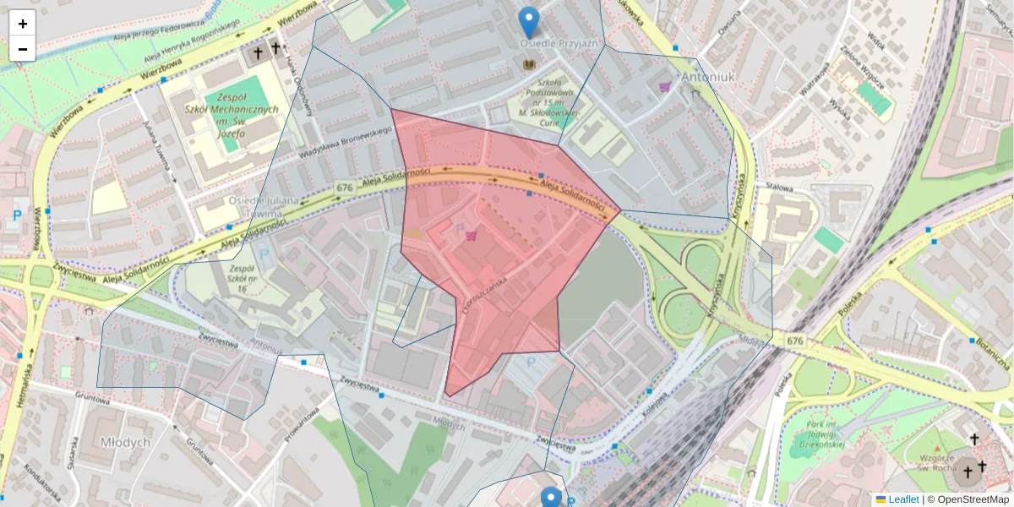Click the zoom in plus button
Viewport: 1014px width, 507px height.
point(23,24)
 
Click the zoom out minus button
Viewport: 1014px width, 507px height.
point(23,49)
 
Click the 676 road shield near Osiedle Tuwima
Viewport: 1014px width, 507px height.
point(344,187)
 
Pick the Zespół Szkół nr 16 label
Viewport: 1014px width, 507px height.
point(231,280)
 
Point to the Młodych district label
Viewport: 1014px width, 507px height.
point(125,442)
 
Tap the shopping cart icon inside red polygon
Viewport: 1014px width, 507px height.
point(471,236)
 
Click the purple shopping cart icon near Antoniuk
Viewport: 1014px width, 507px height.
point(665,86)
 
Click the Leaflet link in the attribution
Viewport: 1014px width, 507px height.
point(902,499)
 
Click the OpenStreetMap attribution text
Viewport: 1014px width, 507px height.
point(968,499)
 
